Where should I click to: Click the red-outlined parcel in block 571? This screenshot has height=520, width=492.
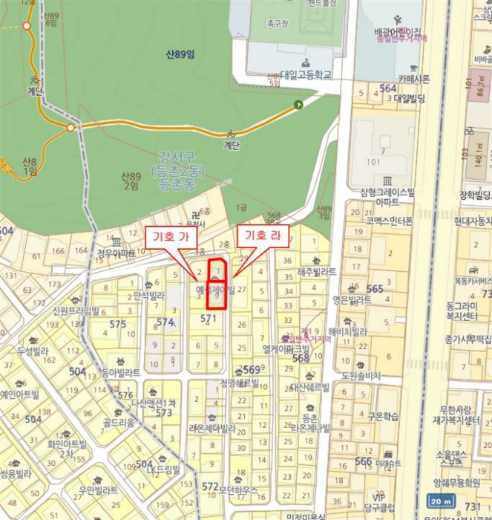point(215,283)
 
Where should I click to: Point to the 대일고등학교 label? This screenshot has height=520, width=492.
point(306,74)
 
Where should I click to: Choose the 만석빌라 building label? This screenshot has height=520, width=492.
point(148,296)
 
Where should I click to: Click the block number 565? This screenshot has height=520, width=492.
point(375,288)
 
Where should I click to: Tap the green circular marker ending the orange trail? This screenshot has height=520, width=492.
point(298,105)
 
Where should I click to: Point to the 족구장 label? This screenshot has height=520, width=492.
point(279,24)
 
